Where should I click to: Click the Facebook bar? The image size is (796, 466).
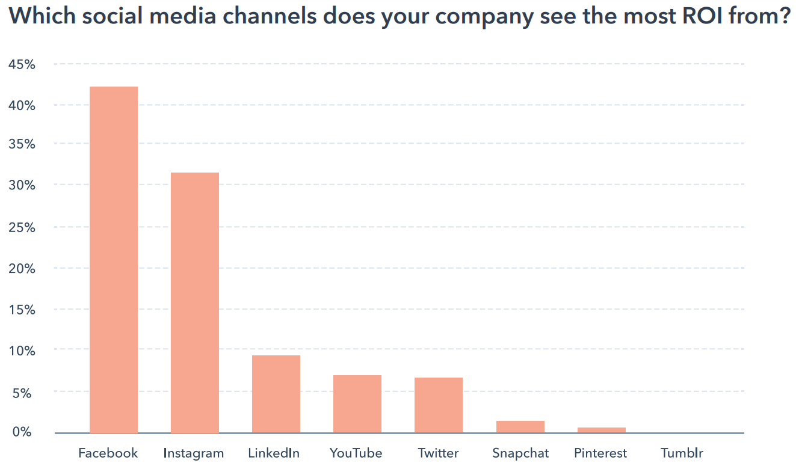pos(114,259)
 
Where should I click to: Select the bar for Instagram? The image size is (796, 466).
pos(195,302)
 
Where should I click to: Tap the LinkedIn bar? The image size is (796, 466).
pos(276,394)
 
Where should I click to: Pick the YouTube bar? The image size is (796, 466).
pos(357,403)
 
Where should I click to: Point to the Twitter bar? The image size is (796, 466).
pos(439,405)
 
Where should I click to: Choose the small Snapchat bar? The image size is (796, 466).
pos(520,426)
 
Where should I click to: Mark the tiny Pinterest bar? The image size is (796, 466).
pos(601,429)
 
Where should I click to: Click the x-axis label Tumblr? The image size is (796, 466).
pos(682,453)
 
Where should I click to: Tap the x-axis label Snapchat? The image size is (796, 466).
pos(520,453)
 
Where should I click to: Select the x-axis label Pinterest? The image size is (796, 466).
pos(600,453)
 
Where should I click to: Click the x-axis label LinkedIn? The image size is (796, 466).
pos(274,453)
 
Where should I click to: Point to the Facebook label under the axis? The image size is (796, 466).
pos(108,453)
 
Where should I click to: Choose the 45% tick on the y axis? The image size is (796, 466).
pos(22,64)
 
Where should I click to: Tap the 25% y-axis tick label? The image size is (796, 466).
pos(22,228)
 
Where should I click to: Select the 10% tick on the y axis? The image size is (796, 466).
pos(22,351)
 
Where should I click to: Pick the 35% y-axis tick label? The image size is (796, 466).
pos(22,146)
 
